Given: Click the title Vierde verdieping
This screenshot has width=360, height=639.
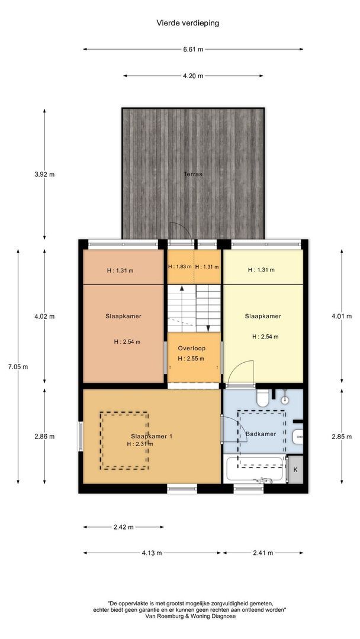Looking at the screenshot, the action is tap(188, 23).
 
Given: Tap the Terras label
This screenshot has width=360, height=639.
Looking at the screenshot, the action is tap(193, 174).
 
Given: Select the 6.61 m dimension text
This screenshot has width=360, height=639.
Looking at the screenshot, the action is tap(193, 49).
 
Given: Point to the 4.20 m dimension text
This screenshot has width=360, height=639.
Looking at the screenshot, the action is tap(193, 76).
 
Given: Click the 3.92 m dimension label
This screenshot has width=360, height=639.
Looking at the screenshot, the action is tap(44, 175).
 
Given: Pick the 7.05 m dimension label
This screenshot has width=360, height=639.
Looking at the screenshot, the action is tap(18, 367).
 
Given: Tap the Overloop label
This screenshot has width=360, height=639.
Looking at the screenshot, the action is tap(192, 348).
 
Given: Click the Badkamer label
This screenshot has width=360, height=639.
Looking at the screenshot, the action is tap(261, 434).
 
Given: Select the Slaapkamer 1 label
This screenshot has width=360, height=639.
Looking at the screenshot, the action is tap(152, 436).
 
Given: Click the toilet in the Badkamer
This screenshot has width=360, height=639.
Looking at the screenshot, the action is tap(262, 398).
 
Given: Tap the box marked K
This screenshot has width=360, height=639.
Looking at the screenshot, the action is tap(295, 469).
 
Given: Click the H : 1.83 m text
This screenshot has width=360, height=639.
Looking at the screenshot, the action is tap(180, 267).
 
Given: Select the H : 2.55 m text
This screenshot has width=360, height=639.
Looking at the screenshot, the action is tap(191, 359).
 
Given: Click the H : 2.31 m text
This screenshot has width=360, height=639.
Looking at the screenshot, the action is tap(140, 444).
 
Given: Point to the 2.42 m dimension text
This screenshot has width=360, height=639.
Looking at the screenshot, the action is tap(124, 527).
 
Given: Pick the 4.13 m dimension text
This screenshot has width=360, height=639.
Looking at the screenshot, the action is tap(152, 553).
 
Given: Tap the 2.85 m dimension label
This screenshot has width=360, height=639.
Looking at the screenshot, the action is tap(342, 437).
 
